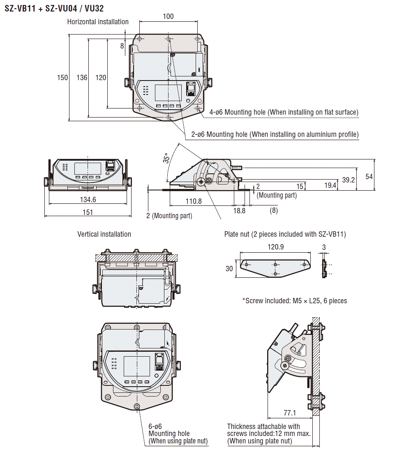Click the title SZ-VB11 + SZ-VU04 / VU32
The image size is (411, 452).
(x=54, y=8)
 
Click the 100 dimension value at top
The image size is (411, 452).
(x=168, y=16)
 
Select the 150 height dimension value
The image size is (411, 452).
(x=62, y=77)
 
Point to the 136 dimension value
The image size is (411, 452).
(x=82, y=77)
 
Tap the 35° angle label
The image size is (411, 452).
(x=166, y=159)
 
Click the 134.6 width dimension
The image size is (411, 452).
(x=88, y=200)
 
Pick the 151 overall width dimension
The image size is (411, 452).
(x=88, y=212)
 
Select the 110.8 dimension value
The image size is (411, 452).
(x=193, y=201)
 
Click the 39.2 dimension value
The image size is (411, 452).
(x=348, y=180)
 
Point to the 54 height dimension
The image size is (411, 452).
(x=369, y=176)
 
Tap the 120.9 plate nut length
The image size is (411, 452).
(x=276, y=247)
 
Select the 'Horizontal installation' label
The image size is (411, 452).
(x=98, y=22)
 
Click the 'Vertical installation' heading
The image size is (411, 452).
(x=104, y=234)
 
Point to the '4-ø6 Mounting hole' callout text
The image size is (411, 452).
(x=284, y=112)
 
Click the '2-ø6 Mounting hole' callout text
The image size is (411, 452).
(x=275, y=134)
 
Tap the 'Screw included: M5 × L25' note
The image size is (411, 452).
(x=295, y=301)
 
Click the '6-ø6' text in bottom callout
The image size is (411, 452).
(x=155, y=427)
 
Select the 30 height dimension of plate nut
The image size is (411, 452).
(x=229, y=269)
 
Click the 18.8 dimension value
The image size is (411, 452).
(x=239, y=210)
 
